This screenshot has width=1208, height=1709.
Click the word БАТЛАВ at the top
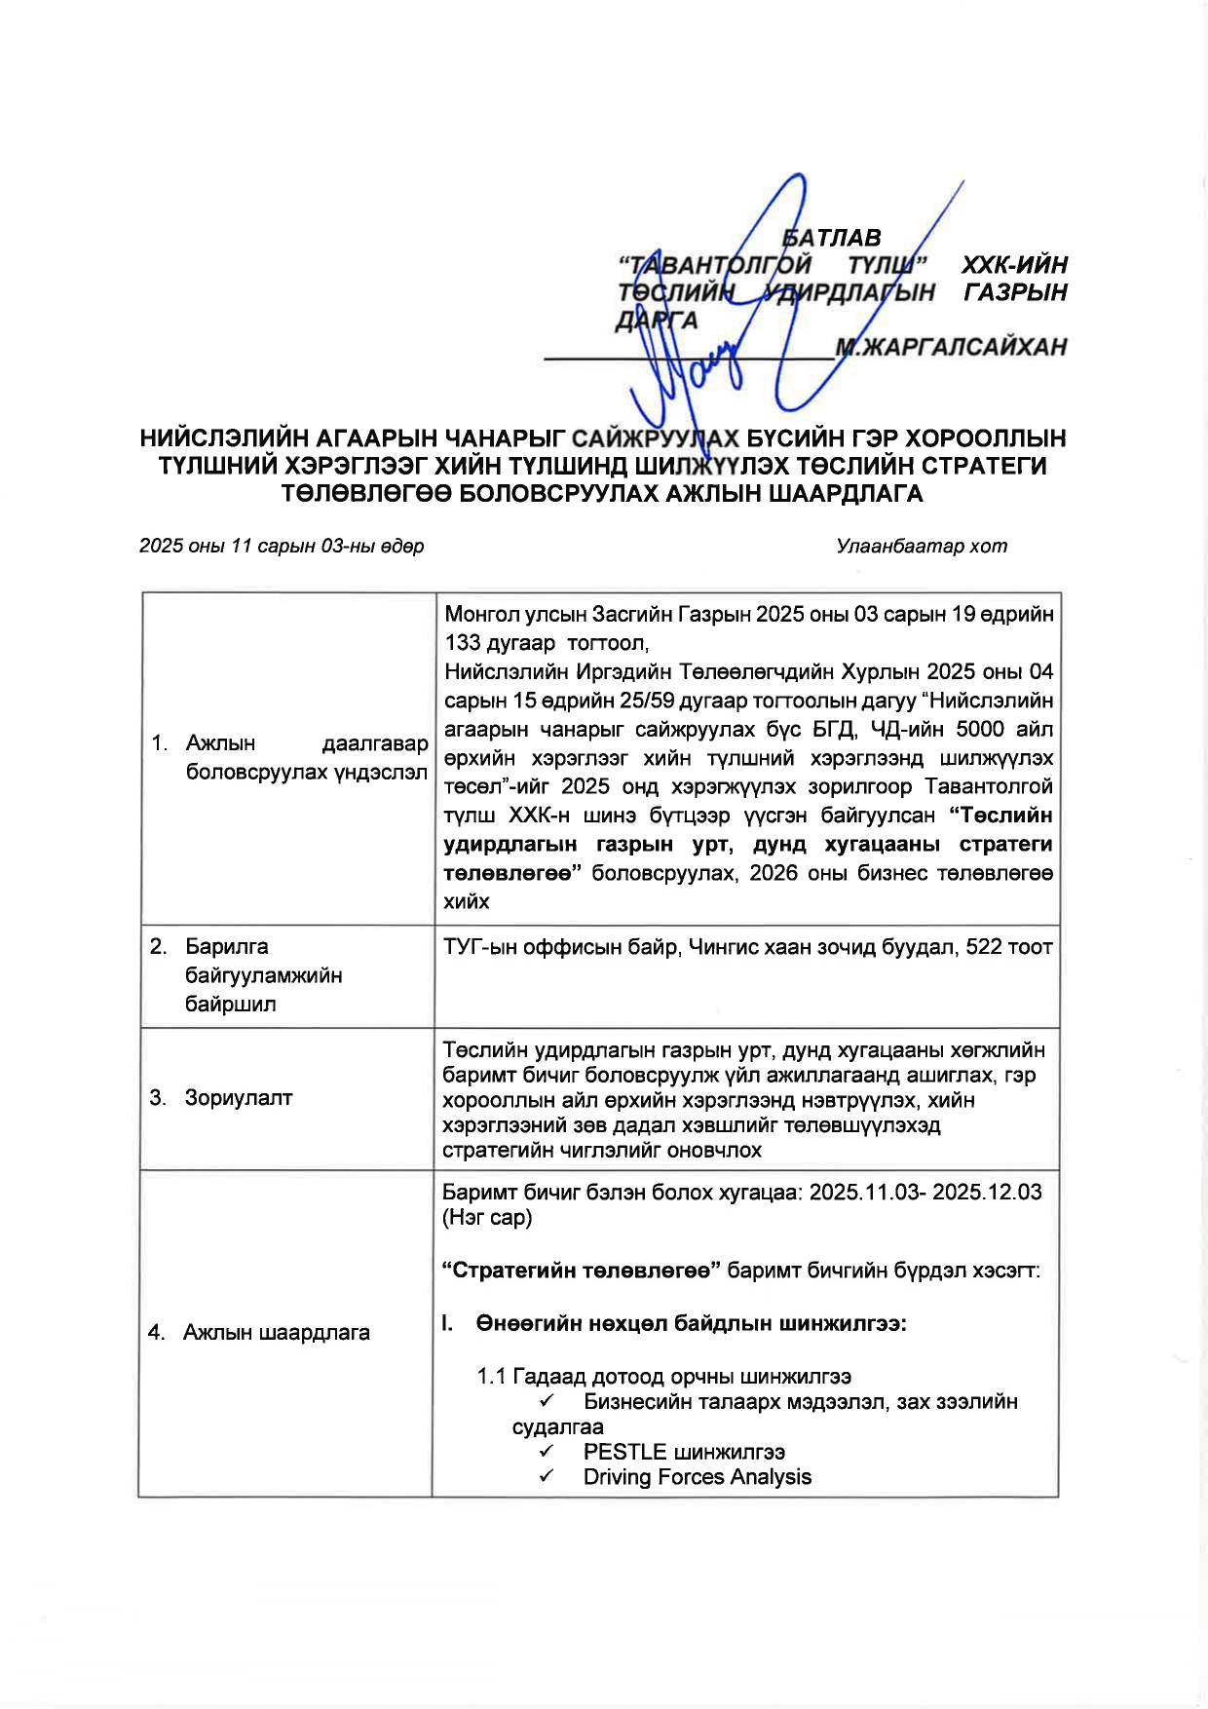833,238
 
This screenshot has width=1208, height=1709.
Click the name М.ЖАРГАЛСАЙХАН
951,347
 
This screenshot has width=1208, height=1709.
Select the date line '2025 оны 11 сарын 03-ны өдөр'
282,546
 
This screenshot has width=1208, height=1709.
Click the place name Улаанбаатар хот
922,546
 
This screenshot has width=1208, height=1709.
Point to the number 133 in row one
465,643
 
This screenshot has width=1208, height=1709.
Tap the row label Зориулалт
239,1098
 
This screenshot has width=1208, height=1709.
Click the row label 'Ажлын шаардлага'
277,1333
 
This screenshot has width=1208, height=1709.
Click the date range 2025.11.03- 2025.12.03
925,1193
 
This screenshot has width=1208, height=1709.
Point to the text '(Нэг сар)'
487,1218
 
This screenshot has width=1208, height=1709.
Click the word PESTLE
624,1452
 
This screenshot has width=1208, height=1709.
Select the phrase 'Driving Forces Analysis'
698,1477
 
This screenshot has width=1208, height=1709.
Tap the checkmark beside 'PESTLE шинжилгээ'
547,1452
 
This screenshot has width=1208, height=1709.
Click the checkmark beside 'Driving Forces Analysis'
547,1477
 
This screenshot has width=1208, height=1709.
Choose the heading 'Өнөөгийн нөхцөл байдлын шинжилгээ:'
692,1324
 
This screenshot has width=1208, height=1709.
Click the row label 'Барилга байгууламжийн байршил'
263,975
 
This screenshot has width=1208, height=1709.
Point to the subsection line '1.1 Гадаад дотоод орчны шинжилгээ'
664,1377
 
